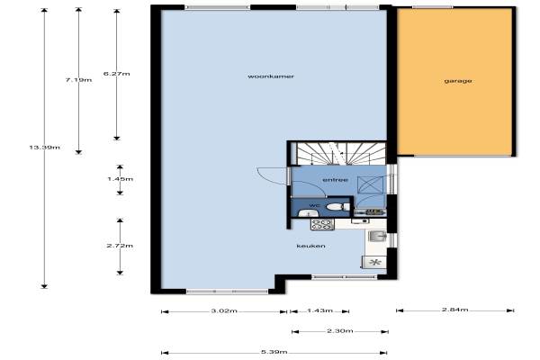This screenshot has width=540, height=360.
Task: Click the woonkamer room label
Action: [x=271, y=76]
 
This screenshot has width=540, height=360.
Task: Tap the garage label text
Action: [x=458, y=81]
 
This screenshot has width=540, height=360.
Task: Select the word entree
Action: [x=335, y=180]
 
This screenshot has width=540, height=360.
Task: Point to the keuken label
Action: [x=310, y=246]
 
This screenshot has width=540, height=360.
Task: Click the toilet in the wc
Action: [x=337, y=207]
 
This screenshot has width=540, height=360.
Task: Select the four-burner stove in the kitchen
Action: [x=322, y=224]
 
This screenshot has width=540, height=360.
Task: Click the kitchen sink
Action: [x=377, y=236]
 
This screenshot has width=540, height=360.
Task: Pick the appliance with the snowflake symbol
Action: [x=374, y=263]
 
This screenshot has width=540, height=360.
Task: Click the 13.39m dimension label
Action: [x=44, y=148]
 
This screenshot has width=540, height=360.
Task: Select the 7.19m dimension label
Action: [x=78, y=80]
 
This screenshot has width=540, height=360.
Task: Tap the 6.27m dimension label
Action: [x=117, y=74]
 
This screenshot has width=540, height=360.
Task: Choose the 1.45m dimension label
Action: [x=121, y=179]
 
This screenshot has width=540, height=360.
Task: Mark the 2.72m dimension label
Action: [x=120, y=246]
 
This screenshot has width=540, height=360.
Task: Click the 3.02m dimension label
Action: [x=224, y=310]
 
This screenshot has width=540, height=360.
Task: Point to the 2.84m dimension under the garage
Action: [x=454, y=310]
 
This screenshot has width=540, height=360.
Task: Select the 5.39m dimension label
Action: [x=274, y=352]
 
